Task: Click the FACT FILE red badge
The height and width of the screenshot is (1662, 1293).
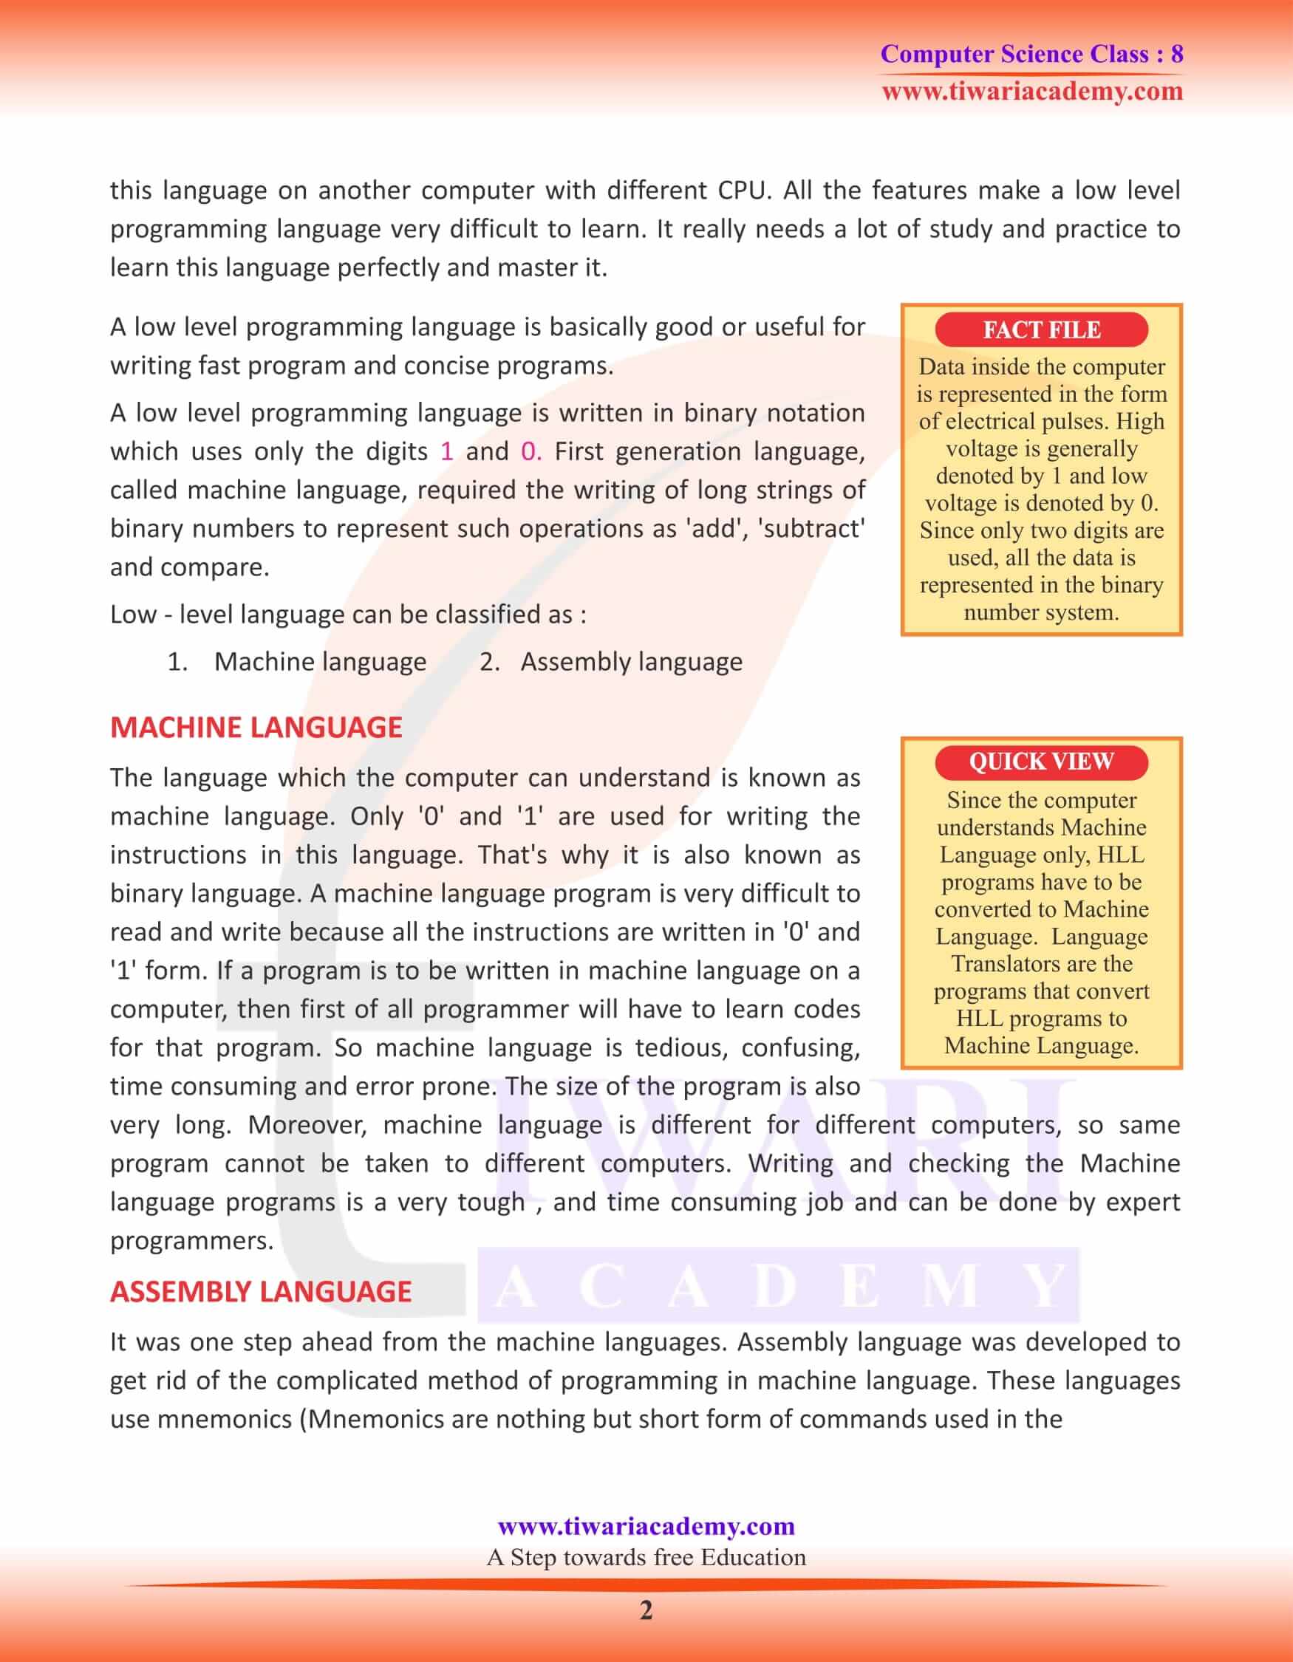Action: (x=1040, y=329)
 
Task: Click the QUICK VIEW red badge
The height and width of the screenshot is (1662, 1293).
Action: (x=1040, y=762)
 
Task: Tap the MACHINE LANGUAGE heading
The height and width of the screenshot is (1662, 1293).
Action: (x=256, y=728)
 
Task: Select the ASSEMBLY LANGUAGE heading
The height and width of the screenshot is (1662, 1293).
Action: (x=260, y=1291)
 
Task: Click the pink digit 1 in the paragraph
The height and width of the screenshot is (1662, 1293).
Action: (x=447, y=451)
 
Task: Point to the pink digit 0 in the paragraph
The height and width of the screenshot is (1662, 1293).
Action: (x=530, y=451)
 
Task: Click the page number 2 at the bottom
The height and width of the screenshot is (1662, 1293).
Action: (x=645, y=1611)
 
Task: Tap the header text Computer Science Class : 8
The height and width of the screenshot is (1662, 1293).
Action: (x=1031, y=54)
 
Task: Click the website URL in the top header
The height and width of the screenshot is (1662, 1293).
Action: (x=1032, y=92)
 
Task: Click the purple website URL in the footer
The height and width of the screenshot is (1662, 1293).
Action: (x=646, y=1526)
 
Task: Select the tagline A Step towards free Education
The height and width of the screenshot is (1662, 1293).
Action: (x=646, y=1557)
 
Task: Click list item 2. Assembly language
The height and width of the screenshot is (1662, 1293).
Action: (x=610, y=662)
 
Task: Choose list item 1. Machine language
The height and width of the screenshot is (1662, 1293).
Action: (x=297, y=662)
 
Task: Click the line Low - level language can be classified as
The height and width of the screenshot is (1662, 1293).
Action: (x=348, y=614)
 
